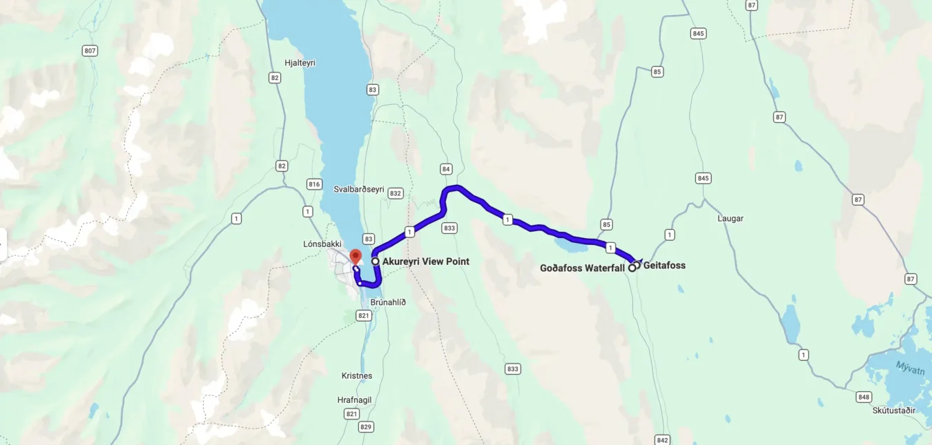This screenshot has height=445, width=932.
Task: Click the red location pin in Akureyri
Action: coord(356,257)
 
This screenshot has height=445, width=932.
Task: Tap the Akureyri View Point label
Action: coord(425,261)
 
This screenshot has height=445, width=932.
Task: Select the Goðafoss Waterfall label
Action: coord(582,268)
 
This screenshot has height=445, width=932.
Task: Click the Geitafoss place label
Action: coord(664,265)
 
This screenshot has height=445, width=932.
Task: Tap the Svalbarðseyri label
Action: coord(359,189)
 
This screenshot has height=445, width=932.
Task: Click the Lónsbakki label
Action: coord(322,244)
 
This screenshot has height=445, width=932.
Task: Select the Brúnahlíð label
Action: coord(388,302)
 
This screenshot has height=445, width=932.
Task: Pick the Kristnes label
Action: coord(357,375)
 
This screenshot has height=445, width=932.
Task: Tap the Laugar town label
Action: coord(730,218)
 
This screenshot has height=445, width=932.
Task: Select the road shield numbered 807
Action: coord(89,51)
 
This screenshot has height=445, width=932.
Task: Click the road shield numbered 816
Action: coord(315,184)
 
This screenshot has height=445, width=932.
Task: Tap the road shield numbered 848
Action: coord(864,397)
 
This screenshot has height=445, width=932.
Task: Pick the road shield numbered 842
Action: coord(662,439)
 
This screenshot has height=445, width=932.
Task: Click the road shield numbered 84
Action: coord(447,169)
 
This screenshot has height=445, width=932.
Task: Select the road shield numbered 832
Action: coord(396,194)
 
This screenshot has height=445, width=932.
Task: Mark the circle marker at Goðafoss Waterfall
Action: coord(632,268)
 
